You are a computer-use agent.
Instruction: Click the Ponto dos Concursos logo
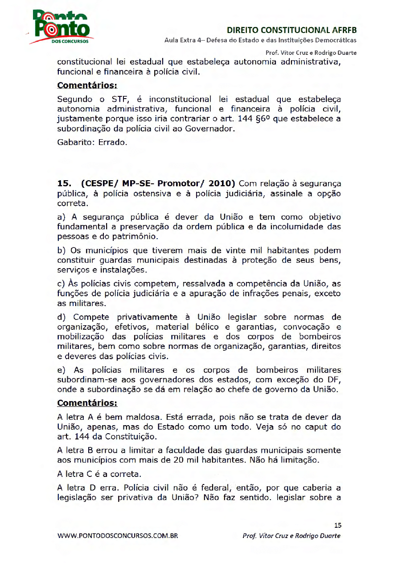tap(61, 28)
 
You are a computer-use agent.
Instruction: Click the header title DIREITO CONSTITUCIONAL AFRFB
tap(292, 31)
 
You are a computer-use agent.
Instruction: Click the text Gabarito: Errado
tap(92, 143)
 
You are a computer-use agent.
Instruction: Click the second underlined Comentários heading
tap(87, 403)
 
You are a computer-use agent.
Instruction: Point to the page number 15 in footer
tap(337, 525)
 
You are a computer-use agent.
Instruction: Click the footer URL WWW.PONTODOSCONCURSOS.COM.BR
tap(118, 536)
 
